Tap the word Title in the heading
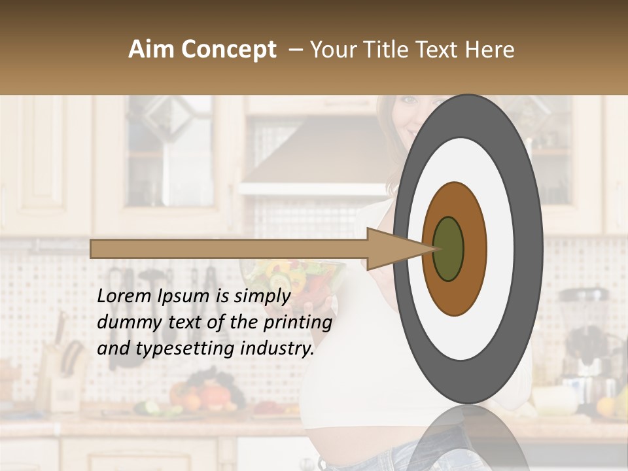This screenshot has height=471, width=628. pos(389,50)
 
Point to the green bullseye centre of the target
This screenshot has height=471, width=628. pos(448,249)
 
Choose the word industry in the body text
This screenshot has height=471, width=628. pos(276,349)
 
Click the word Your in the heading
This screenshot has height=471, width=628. pos(333,50)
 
